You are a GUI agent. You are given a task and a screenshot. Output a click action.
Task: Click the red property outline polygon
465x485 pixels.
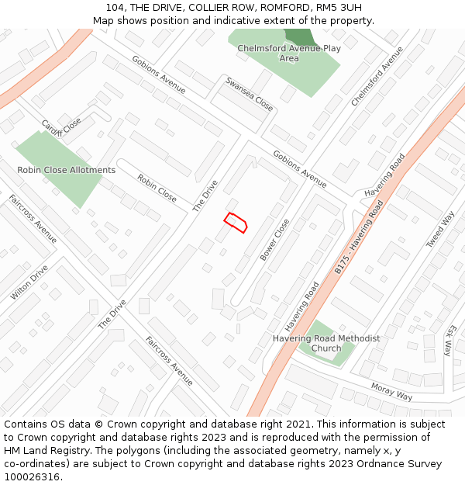236,222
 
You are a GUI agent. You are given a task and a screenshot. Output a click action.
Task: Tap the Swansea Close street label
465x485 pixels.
250,93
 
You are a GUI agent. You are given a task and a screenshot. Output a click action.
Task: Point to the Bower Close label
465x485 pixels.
275,239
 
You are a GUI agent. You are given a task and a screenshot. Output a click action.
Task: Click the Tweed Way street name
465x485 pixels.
440,230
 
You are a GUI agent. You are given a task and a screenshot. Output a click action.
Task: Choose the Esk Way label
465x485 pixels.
449,339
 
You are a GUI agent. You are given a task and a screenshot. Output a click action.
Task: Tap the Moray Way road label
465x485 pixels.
391,391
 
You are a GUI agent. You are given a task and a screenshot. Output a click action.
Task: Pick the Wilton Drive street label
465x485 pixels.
29,282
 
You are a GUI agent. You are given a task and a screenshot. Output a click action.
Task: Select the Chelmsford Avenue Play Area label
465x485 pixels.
289,53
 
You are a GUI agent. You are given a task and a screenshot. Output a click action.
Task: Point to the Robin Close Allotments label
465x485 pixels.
67,170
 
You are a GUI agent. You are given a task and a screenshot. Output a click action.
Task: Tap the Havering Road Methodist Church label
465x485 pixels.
326,343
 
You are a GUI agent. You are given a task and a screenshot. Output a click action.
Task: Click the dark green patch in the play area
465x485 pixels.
299,36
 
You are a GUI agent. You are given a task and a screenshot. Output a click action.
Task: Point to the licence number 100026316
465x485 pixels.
33,476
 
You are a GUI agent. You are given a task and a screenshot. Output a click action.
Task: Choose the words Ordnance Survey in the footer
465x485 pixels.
400,463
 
